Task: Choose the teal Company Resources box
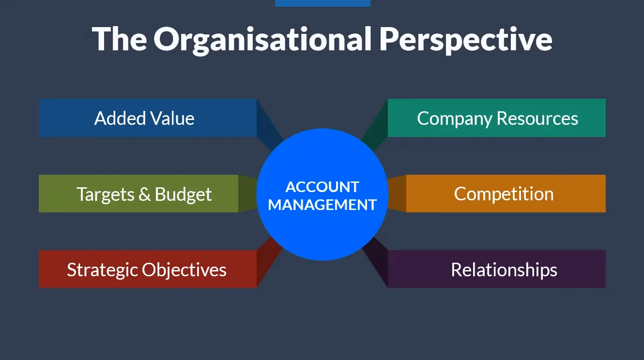(497, 118)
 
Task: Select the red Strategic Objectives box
(147, 269)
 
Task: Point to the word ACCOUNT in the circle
(322, 187)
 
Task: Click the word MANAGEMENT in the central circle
(322, 205)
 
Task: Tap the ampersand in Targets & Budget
(144, 194)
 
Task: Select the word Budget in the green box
(183, 194)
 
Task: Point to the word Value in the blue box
(172, 119)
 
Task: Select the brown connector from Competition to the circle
(397, 194)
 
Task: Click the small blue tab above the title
(322, 3)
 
